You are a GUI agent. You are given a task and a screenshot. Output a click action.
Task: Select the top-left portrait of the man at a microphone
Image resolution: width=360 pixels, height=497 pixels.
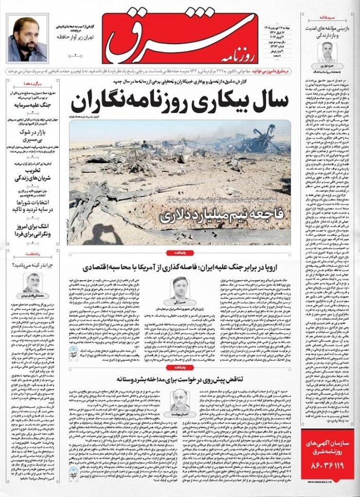pyautogui.click(x=27, y=39)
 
